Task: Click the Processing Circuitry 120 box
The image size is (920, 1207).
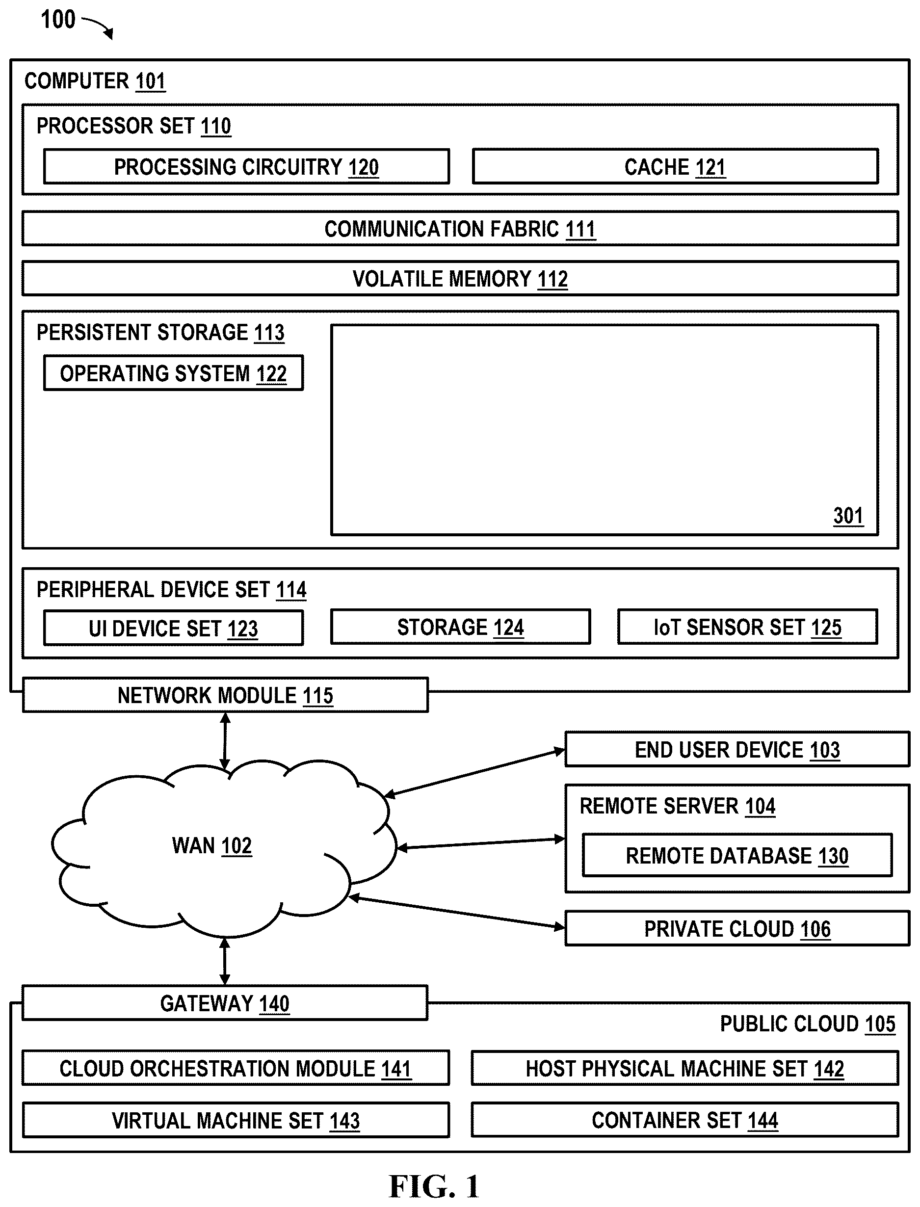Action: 246,166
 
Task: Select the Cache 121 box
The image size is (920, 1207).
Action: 675,166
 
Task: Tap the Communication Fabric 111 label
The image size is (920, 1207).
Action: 460,229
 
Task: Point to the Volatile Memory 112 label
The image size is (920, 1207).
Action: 460,279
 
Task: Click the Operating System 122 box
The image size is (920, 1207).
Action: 174,373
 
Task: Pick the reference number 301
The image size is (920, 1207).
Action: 848,516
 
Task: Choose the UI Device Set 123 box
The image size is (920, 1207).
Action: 174,628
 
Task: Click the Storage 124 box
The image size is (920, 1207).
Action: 461,627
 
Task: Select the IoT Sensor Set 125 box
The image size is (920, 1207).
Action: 747,627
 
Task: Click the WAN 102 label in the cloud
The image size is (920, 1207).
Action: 212,846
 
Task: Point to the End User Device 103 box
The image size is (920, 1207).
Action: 737,750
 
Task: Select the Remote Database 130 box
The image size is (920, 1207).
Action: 737,855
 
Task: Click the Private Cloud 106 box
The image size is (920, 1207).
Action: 737,929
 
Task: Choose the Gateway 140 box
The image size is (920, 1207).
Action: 225,1003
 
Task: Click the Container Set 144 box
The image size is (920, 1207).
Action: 684,1120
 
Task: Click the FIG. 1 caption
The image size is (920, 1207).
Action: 434,1186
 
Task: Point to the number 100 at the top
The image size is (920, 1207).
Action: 58,20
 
